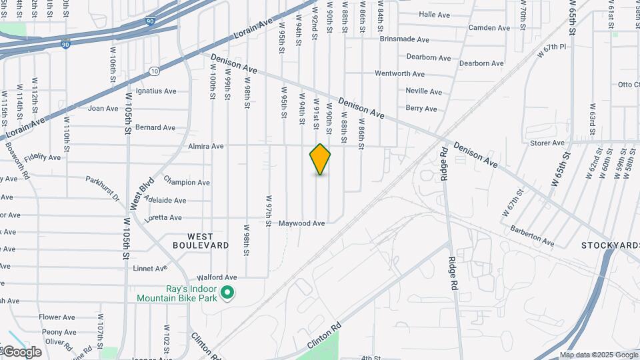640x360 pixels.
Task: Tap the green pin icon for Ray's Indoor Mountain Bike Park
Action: coord(227,292)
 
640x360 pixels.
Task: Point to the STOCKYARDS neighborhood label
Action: coord(609,245)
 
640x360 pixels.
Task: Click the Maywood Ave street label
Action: coord(302,223)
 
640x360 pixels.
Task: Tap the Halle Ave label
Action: coord(435,14)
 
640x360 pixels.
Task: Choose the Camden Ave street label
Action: coord(489,28)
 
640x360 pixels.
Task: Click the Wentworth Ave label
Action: coord(399,74)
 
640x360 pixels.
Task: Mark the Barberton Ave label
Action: coord(532,236)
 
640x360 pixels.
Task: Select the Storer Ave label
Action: coord(547,143)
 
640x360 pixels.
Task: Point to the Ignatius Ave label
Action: coord(156,91)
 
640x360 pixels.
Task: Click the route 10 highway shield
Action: coord(154,71)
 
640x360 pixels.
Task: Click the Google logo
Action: coord(22,352)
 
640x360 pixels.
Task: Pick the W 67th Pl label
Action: coord(555,47)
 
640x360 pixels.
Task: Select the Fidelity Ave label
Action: coord(42,159)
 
